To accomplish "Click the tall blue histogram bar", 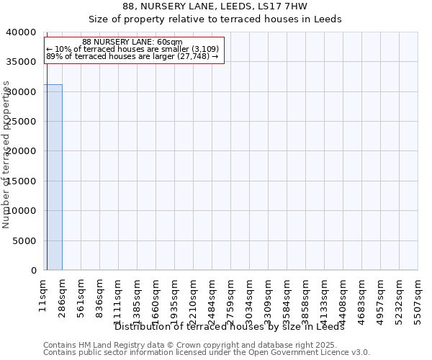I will [x=53, y=177].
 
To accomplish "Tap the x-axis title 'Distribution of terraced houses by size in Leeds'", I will [x=230, y=326].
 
